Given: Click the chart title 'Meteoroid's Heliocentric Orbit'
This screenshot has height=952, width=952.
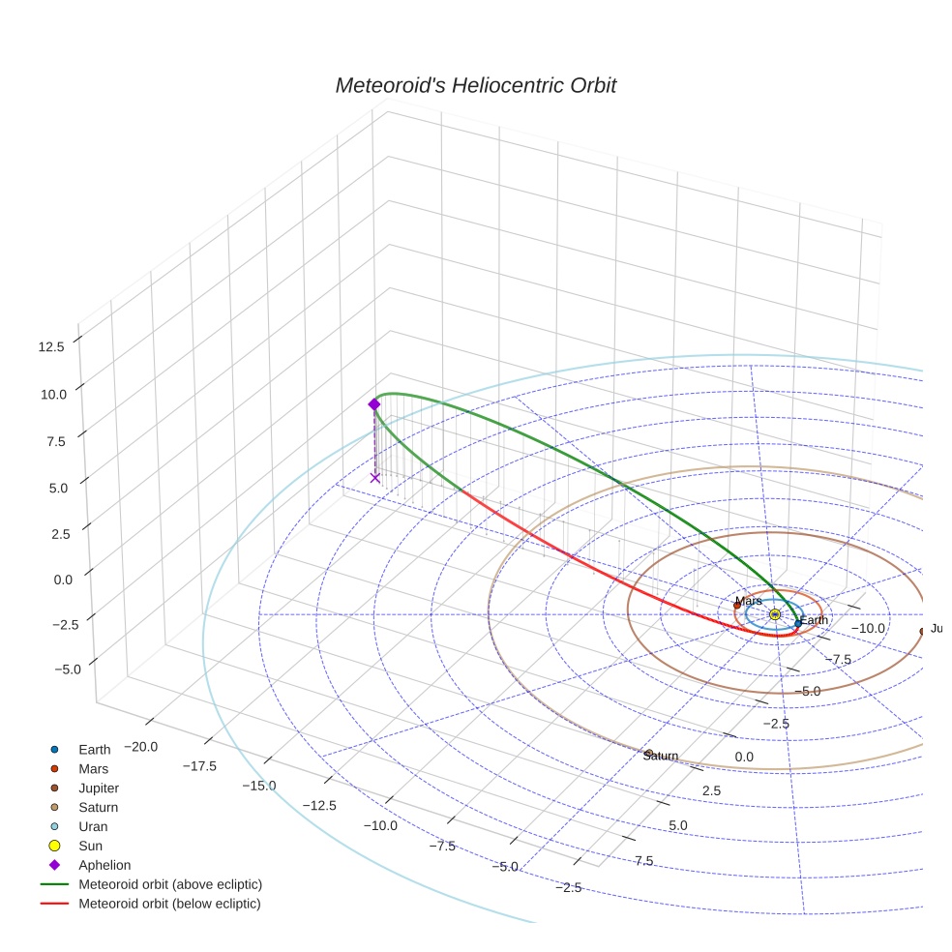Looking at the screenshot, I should click(x=475, y=85).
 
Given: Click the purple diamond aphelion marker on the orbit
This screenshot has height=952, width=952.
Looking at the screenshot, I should click(x=374, y=404).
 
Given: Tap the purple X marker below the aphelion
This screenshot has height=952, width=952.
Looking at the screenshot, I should click(x=375, y=477).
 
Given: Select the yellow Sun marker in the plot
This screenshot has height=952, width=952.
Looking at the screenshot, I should click(x=775, y=614).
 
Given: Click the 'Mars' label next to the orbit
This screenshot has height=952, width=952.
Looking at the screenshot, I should click(x=748, y=601).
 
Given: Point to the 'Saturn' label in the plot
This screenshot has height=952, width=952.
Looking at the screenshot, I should click(x=660, y=756).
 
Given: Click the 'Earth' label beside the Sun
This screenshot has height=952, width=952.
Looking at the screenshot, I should click(x=814, y=620).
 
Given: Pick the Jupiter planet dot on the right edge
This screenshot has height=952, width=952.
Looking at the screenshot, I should click(x=922, y=631).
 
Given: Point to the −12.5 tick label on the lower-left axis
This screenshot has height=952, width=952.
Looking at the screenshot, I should click(x=319, y=805).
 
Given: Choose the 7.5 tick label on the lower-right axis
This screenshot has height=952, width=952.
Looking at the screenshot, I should click(x=643, y=861).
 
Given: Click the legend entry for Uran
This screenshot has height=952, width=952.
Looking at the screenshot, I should click(x=93, y=826).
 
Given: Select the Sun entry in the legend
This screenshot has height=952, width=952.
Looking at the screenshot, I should click(x=92, y=846).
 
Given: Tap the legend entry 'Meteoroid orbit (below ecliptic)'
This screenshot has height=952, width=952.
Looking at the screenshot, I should click(x=169, y=904).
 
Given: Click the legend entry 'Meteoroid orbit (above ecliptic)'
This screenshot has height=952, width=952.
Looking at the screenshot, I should click(x=169, y=884).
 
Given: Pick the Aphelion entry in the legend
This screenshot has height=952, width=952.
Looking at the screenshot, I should click(x=104, y=865).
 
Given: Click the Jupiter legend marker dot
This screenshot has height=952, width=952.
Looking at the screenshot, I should click(x=55, y=788).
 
